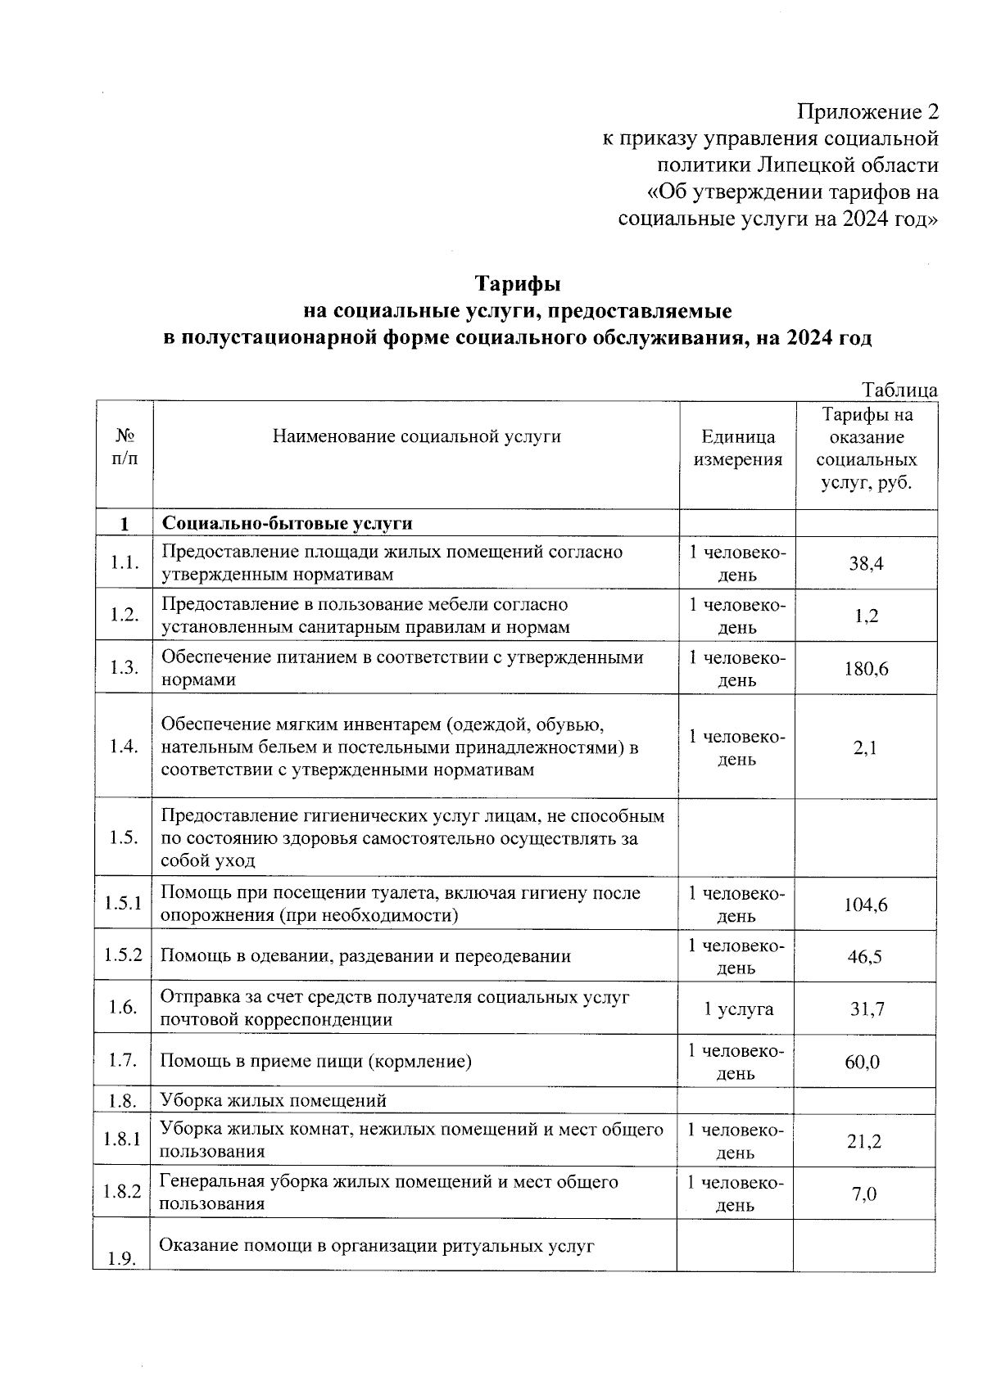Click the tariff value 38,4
pos(866,563)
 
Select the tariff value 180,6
pos(866,669)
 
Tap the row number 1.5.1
pos(123,903)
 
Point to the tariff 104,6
pos(866,905)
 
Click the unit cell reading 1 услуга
pos(738,1009)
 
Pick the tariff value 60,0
pos(863,1062)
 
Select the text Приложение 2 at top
pos(867,111)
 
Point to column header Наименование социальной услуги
pos(416,436)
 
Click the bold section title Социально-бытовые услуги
pos(288,523)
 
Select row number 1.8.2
pos(122,1192)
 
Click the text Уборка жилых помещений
pos(273,1100)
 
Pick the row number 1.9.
pos(122,1258)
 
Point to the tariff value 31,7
pos(866,1009)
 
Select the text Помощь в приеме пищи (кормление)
pos(315,1062)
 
